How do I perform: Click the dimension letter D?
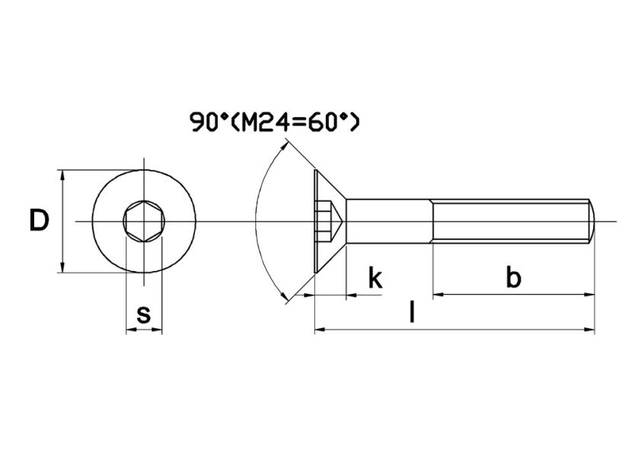pos(39,221)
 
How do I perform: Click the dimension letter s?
pos(143,313)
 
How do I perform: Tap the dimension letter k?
pos(375,278)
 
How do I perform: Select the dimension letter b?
pos(514,278)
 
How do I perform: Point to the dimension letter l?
pos(412,313)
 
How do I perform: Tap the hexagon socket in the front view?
pos(143,222)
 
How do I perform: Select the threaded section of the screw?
pos(510,222)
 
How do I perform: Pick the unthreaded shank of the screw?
pos(389,222)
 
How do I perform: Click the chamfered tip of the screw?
pos(592,222)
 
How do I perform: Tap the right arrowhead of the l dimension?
pos(590,330)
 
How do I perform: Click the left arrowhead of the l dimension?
pos(319,330)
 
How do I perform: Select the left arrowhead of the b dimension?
pos(438,294)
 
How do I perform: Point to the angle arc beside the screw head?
pos(255,221)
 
